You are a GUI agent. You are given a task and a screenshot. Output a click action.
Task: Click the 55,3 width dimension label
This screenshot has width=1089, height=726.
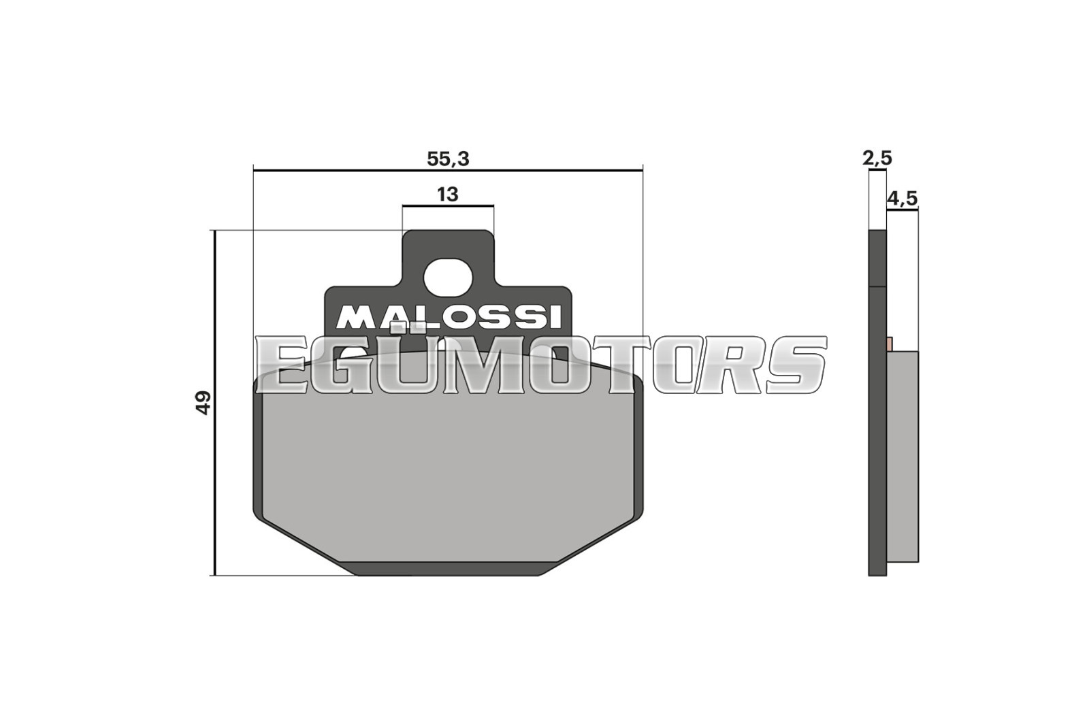448,159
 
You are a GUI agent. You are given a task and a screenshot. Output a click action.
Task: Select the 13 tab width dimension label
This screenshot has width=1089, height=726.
448,195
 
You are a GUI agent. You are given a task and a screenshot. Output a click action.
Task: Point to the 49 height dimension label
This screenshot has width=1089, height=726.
204,402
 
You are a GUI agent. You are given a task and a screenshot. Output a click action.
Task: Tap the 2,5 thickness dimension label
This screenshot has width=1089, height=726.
877,159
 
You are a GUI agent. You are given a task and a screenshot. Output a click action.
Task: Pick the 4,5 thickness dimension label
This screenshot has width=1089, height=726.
902,199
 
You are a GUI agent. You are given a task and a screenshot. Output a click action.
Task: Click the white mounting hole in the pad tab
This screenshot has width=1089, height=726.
448,278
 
